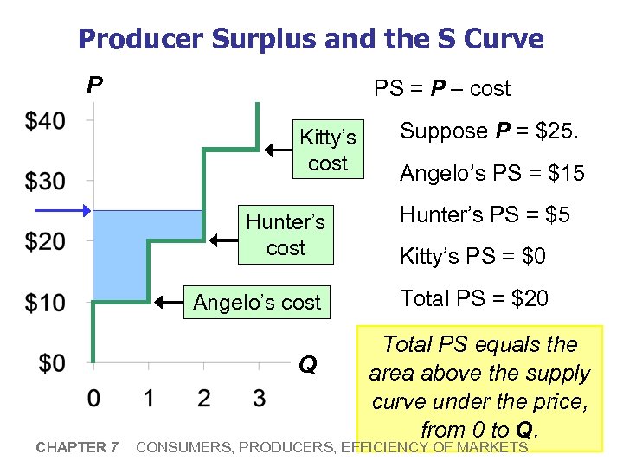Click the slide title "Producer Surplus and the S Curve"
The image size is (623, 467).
tap(311, 39)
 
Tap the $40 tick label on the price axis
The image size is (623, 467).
tap(44, 121)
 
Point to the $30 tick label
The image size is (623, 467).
tap(44, 182)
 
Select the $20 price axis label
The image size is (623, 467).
tap(44, 241)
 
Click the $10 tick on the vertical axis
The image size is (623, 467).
tap(44, 303)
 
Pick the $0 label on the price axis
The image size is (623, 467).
tap(51, 362)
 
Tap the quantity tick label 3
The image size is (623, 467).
tap(259, 399)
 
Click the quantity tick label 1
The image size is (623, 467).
tap(149, 399)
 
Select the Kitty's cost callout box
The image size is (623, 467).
tap(327, 150)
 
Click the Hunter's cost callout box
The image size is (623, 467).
tap(286, 235)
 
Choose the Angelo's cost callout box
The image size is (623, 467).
tap(257, 303)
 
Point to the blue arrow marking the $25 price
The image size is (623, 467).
tap(61, 211)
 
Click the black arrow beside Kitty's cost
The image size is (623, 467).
tap(279, 150)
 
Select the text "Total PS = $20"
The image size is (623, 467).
tap(473, 299)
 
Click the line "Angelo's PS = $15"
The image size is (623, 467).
tap(491, 173)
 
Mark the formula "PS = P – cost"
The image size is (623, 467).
tap(441, 88)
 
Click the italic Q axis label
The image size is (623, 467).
tap(307, 365)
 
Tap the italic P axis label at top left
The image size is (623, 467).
tap(94, 85)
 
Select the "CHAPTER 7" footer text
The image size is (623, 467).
tap(77, 447)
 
